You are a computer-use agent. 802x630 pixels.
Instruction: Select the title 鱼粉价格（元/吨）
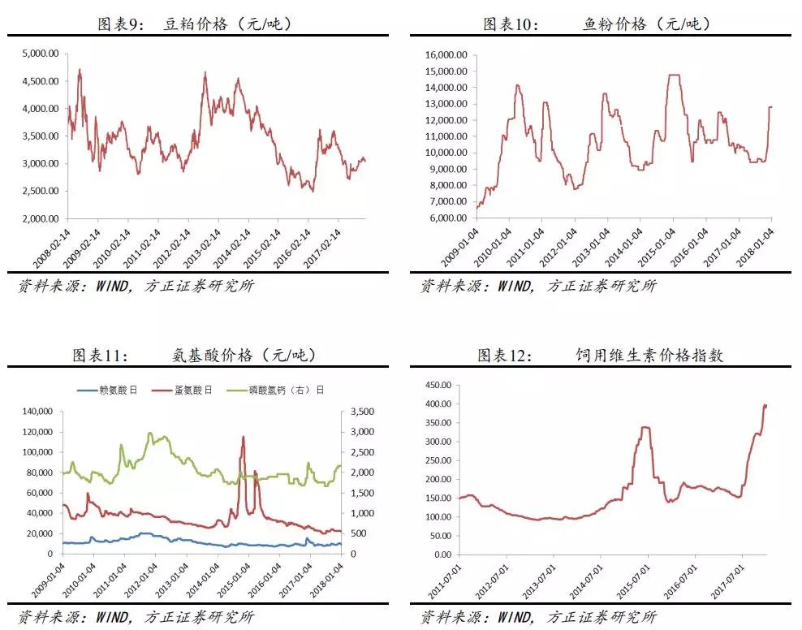(646, 24)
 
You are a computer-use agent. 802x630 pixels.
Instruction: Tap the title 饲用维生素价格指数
(648, 355)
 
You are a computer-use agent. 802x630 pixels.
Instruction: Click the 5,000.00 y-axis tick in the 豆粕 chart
(40, 54)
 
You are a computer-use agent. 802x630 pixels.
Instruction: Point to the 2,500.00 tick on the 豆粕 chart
(40, 192)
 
